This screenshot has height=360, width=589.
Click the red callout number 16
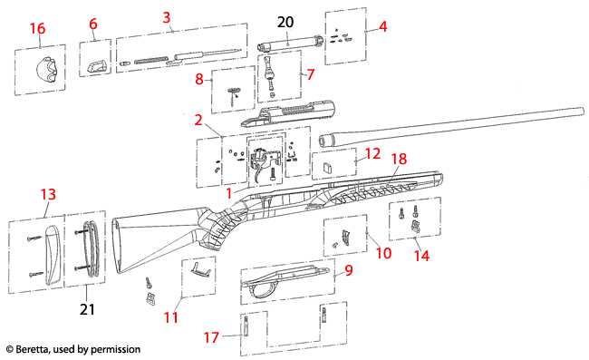coord(37,28)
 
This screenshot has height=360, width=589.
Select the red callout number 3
coord(167,17)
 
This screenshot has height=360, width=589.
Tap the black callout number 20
coord(285,22)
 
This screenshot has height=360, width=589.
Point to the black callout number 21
coord(87,309)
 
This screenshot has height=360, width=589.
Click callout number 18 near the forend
coord(400,159)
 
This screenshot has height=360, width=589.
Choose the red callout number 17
coord(211,337)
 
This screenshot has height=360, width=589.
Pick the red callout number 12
coord(372,153)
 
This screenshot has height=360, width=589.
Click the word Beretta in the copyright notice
coord(32,349)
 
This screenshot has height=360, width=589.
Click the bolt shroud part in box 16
coord(46,69)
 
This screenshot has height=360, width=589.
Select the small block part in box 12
coord(328,166)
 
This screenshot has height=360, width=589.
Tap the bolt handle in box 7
coord(270,75)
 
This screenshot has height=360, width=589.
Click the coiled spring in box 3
coord(151,60)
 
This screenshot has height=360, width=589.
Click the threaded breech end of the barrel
coord(327,141)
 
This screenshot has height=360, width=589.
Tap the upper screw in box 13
coord(34,238)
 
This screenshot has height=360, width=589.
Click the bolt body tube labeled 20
coord(290,44)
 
